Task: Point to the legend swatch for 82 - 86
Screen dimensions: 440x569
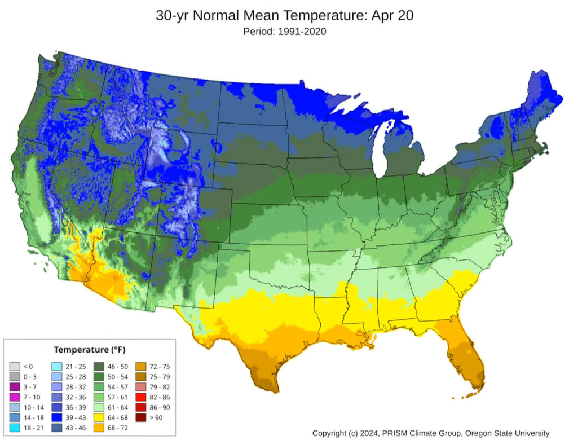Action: click(x=141, y=397)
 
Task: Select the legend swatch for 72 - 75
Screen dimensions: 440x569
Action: click(x=141, y=367)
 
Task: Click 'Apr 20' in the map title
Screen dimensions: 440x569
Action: click(x=394, y=15)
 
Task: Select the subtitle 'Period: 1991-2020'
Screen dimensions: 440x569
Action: click(x=284, y=32)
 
